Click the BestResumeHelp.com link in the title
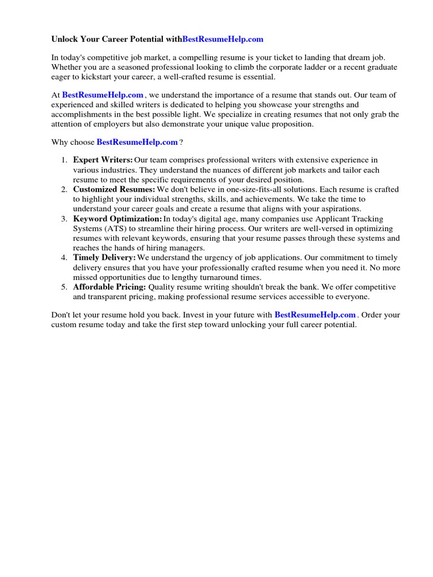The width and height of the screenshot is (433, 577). click(x=223, y=39)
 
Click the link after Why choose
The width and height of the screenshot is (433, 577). click(x=137, y=143)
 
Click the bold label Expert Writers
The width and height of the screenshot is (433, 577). click(x=103, y=161)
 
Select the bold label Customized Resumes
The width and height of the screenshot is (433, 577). click(x=114, y=190)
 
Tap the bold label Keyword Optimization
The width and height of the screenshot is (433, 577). click(x=117, y=219)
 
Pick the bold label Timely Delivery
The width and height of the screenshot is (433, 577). click(x=104, y=258)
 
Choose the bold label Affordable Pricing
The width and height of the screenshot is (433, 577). click(x=109, y=287)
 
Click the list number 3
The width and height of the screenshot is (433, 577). click(x=64, y=219)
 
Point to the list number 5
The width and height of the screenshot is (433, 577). click(x=64, y=287)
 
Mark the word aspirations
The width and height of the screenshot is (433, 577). click(x=336, y=209)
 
